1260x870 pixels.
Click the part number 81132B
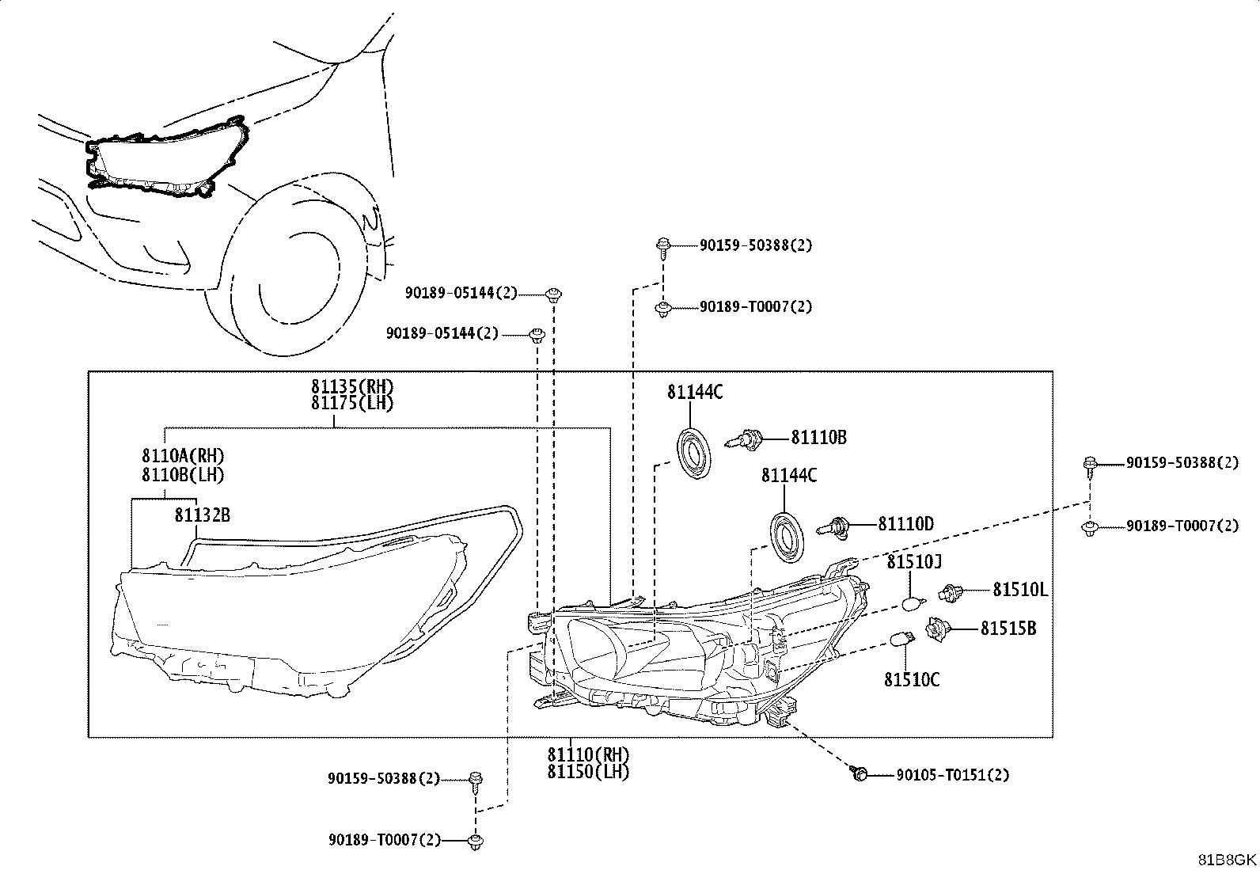click(202, 515)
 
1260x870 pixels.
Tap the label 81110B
click(818, 438)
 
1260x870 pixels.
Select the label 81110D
click(905, 524)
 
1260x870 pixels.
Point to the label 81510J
click(914, 561)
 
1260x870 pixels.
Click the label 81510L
click(1020, 590)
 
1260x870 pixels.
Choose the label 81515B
click(1008, 628)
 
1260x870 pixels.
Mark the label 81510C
click(911, 680)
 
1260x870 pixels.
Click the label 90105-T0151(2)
click(952, 775)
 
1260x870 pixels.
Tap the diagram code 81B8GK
click(1227, 860)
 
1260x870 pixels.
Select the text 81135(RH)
click(352, 386)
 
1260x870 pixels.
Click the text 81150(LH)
click(588, 772)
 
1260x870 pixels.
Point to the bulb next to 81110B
click(744, 439)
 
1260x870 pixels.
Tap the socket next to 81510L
click(951, 593)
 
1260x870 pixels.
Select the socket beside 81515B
click(938, 629)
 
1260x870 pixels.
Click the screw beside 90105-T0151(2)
click(859, 773)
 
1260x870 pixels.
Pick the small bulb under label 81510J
click(913, 604)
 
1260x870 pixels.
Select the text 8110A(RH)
click(183, 455)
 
